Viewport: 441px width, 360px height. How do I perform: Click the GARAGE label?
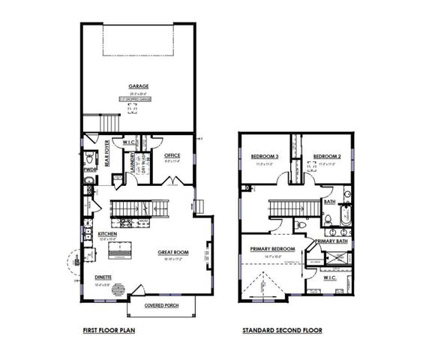[x=137, y=86]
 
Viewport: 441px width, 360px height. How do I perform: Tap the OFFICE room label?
[x=172, y=155]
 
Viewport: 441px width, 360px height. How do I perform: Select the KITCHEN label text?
[x=108, y=234]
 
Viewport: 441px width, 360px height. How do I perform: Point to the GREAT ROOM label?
[x=172, y=252]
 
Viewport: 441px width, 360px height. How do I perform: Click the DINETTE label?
[x=103, y=277]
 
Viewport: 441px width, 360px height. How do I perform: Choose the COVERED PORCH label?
[x=160, y=307]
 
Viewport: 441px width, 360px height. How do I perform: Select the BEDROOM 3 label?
[x=265, y=156]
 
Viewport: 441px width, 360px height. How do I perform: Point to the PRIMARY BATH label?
[x=331, y=241]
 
